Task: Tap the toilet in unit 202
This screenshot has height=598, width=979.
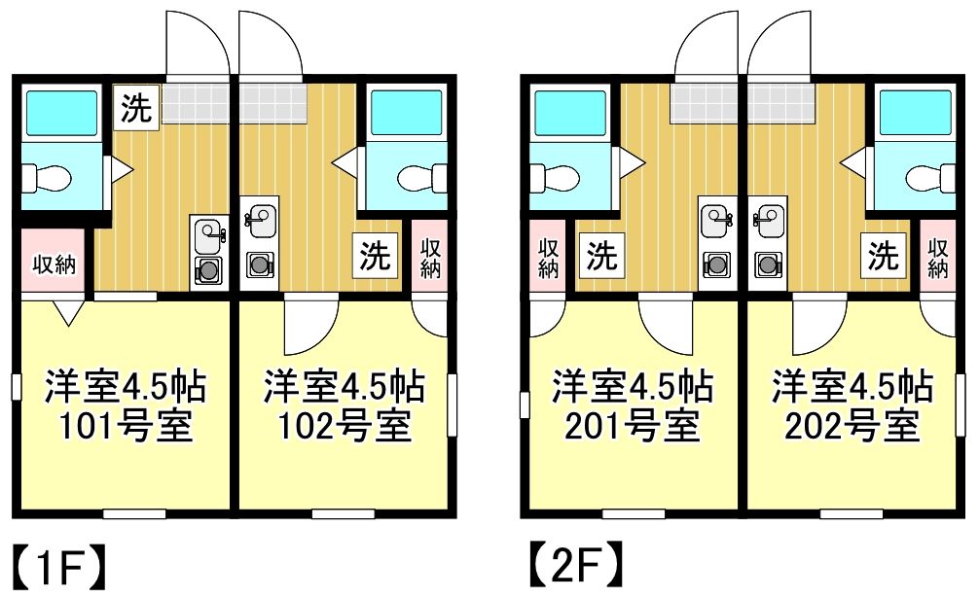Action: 931,178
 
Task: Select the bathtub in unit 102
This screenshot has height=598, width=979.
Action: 407,112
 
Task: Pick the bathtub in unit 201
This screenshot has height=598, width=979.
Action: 568,112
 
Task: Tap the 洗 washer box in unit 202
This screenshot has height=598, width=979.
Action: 884,255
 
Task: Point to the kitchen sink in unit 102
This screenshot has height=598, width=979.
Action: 261,222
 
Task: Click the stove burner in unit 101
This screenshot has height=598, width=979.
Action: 208,270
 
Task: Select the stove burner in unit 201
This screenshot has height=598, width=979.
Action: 716,265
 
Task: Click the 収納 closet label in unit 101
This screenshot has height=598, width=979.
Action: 54,264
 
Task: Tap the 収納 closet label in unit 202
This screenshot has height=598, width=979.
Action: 937,258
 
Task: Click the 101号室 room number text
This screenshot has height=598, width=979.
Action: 126,427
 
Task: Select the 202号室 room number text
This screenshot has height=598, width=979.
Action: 852,427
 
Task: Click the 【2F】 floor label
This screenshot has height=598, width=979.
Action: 576,565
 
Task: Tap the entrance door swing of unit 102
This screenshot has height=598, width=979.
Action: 271,43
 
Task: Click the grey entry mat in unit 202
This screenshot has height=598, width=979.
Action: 781,103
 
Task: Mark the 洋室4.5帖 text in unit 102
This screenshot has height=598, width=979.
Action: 344,387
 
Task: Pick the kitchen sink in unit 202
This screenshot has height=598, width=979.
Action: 769,222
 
